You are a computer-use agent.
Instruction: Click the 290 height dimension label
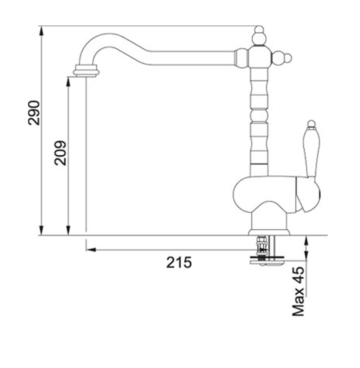click(34, 113)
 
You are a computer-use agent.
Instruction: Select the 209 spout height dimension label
click(60, 153)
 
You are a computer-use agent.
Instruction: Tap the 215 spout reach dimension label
click(179, 262)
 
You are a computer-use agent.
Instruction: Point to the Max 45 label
click(298, 291)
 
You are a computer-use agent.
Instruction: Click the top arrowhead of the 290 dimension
click(42, 31)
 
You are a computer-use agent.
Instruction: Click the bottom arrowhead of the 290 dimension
click(42, 230)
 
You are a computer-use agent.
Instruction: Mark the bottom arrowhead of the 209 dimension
click(68, 230)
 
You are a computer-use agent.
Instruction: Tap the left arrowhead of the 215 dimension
click(91, 250)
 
